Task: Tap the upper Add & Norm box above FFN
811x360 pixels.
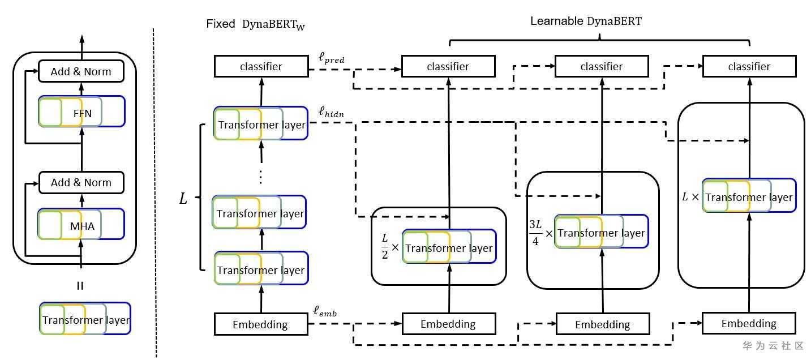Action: [x=81, y=71]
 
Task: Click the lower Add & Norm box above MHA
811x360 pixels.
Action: [x=81, y=182]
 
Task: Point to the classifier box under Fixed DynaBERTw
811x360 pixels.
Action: [x=261, y=66]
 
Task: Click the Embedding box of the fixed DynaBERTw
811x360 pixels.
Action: [x=260, y=324]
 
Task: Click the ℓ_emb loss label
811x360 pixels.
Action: [x=325, y=311]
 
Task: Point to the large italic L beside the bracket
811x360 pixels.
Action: [x=183, y=199]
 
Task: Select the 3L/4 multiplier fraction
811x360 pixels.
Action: [x=535, y=233]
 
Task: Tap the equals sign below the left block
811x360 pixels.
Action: [x=80, y=286]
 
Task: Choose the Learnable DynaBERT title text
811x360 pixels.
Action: [x=586, y=22]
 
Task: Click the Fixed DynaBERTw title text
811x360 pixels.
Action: [x=260, y=24]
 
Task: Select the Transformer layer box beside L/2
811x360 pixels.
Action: [x=449, y=247]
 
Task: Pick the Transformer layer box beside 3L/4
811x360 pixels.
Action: [x=601, y=232]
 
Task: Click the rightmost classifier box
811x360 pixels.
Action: [x=749, y=66]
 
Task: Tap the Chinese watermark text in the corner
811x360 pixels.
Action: [x=773, y=345]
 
